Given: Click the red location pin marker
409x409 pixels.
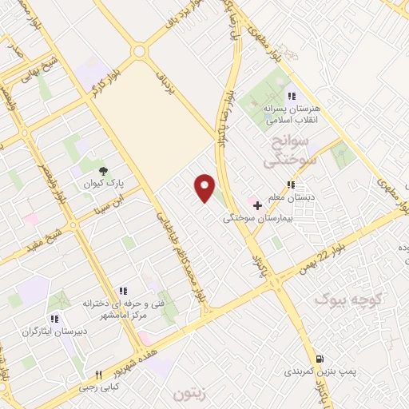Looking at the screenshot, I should (205, 187).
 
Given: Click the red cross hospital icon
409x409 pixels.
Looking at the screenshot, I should (257, 204).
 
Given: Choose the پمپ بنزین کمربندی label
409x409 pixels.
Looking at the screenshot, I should (323, 372).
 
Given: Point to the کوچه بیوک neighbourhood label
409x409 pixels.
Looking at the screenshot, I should (343, 300).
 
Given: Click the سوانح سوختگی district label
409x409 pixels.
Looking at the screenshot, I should (293, 152).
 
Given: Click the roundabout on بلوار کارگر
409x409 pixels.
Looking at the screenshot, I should (140, 51).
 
